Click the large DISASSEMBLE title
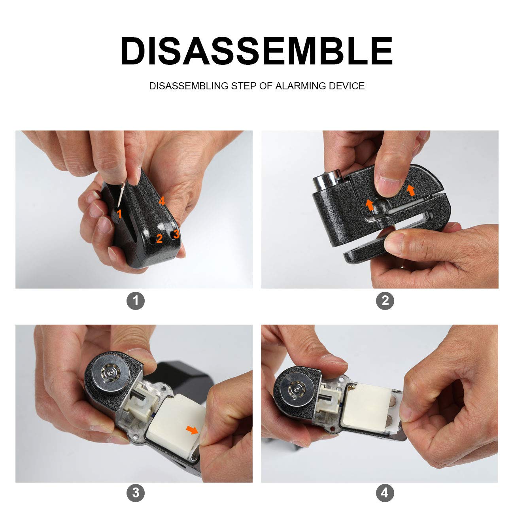(257, 51)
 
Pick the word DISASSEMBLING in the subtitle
(189, 86)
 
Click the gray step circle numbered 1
(136, 301)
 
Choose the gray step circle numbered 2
(385, 301)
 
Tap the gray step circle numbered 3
(136, 493)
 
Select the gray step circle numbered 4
(385, 493)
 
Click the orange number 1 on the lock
(119, 214)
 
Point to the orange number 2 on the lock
(159, 238)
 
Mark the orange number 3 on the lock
(176, 234)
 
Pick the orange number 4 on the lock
(161, 202)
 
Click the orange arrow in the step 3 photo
(192, 430)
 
